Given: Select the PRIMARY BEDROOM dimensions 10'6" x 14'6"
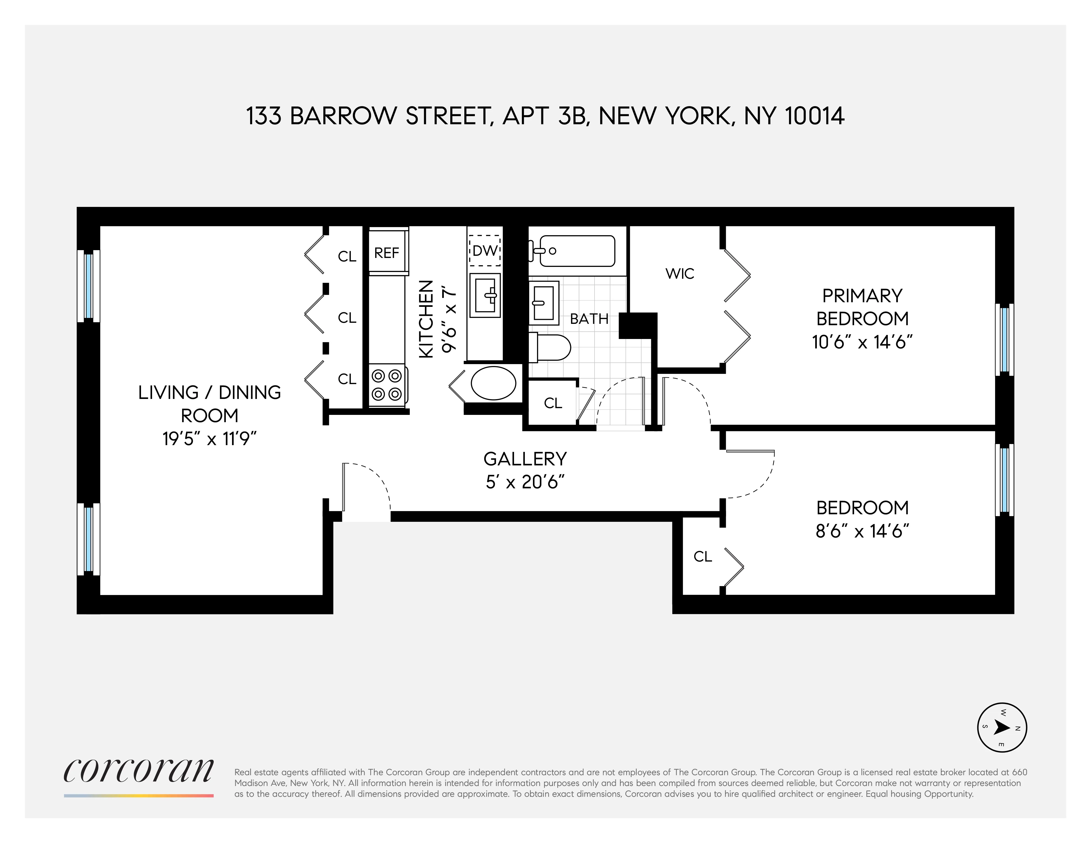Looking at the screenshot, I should pyautogui.click(x=862, y=342).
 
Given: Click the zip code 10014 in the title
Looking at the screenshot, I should pyautogui.click(x=814, y=116).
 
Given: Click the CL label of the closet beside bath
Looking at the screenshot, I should pyautogui.click(x=553, y=403).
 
